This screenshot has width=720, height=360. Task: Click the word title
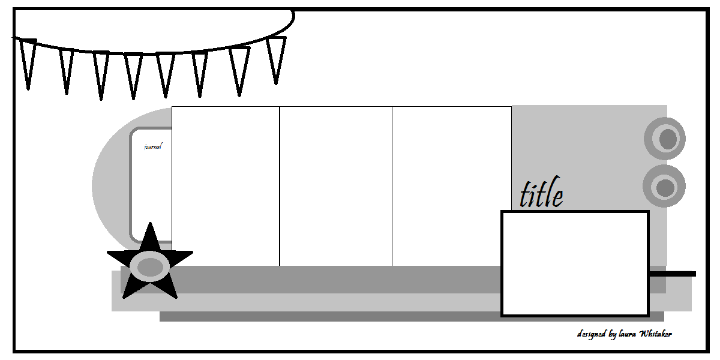click(x=541, y=194)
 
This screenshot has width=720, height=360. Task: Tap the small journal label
click(x=153, y=146)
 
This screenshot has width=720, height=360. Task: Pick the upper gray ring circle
click(x=665, y=139)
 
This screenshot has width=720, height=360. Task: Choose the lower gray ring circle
click(x=664, y=187)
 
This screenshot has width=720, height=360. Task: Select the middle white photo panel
click(x=335, y=186)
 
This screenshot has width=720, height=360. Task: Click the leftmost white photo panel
click(x=226, y=186)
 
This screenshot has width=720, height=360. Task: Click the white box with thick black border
click(x=575, y=263)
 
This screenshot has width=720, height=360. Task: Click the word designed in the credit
click(x=592, y=334)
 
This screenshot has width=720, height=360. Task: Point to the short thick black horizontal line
click(x=673, y=274)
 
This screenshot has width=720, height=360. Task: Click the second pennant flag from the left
click(x=66, y=70)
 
